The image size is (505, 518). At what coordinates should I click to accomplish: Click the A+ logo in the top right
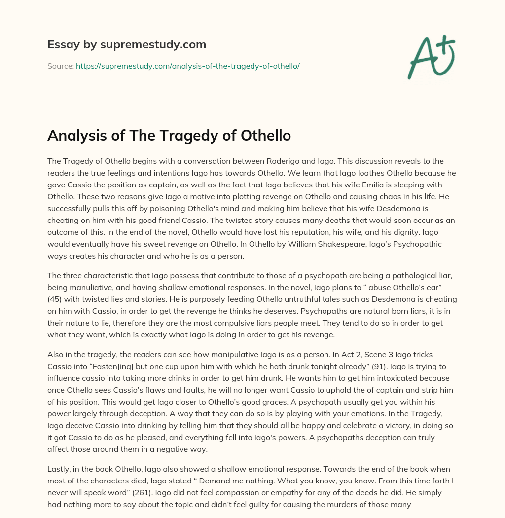[431, 57]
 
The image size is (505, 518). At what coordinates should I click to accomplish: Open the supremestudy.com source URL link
[187, 66]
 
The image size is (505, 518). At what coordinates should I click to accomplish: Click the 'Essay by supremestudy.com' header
[127, 45]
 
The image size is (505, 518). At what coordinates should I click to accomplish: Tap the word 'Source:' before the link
[60, 66]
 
